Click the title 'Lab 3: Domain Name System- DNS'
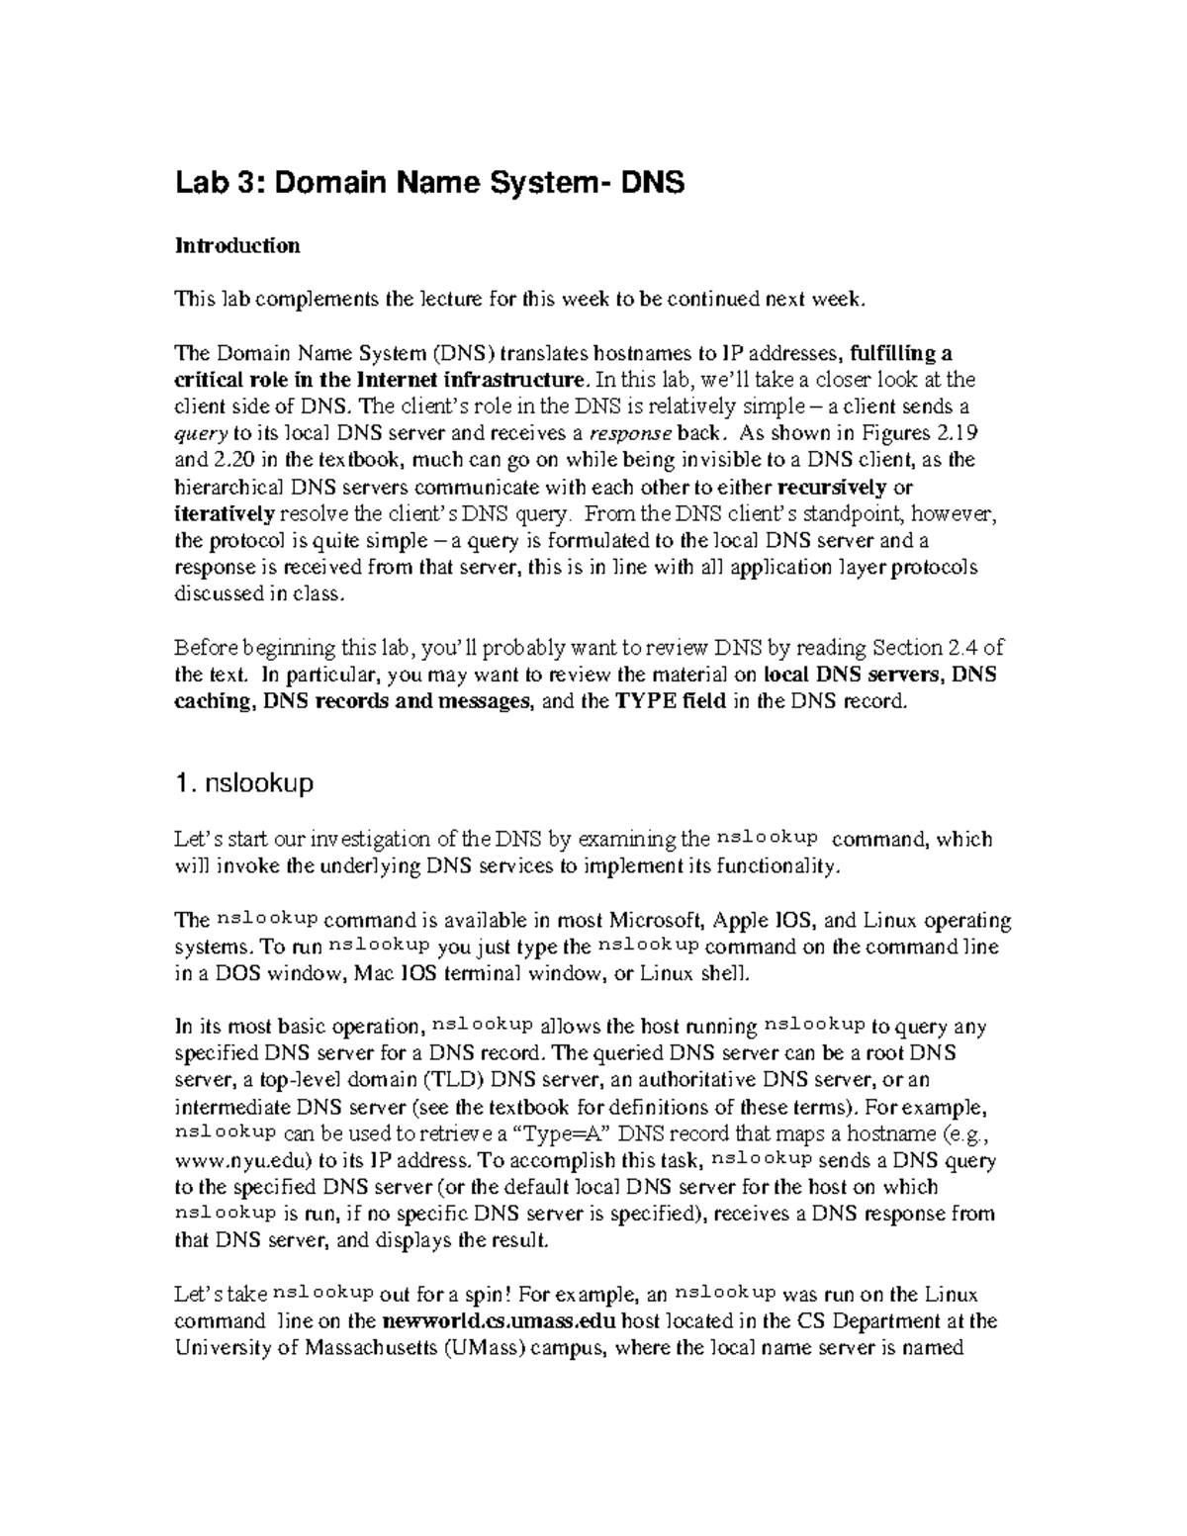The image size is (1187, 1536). tap(429, 183)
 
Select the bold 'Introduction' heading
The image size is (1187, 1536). tap(236, 245)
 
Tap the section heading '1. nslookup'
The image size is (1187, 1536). tap(243, 783)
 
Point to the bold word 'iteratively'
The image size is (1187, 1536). tap(225, 513)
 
